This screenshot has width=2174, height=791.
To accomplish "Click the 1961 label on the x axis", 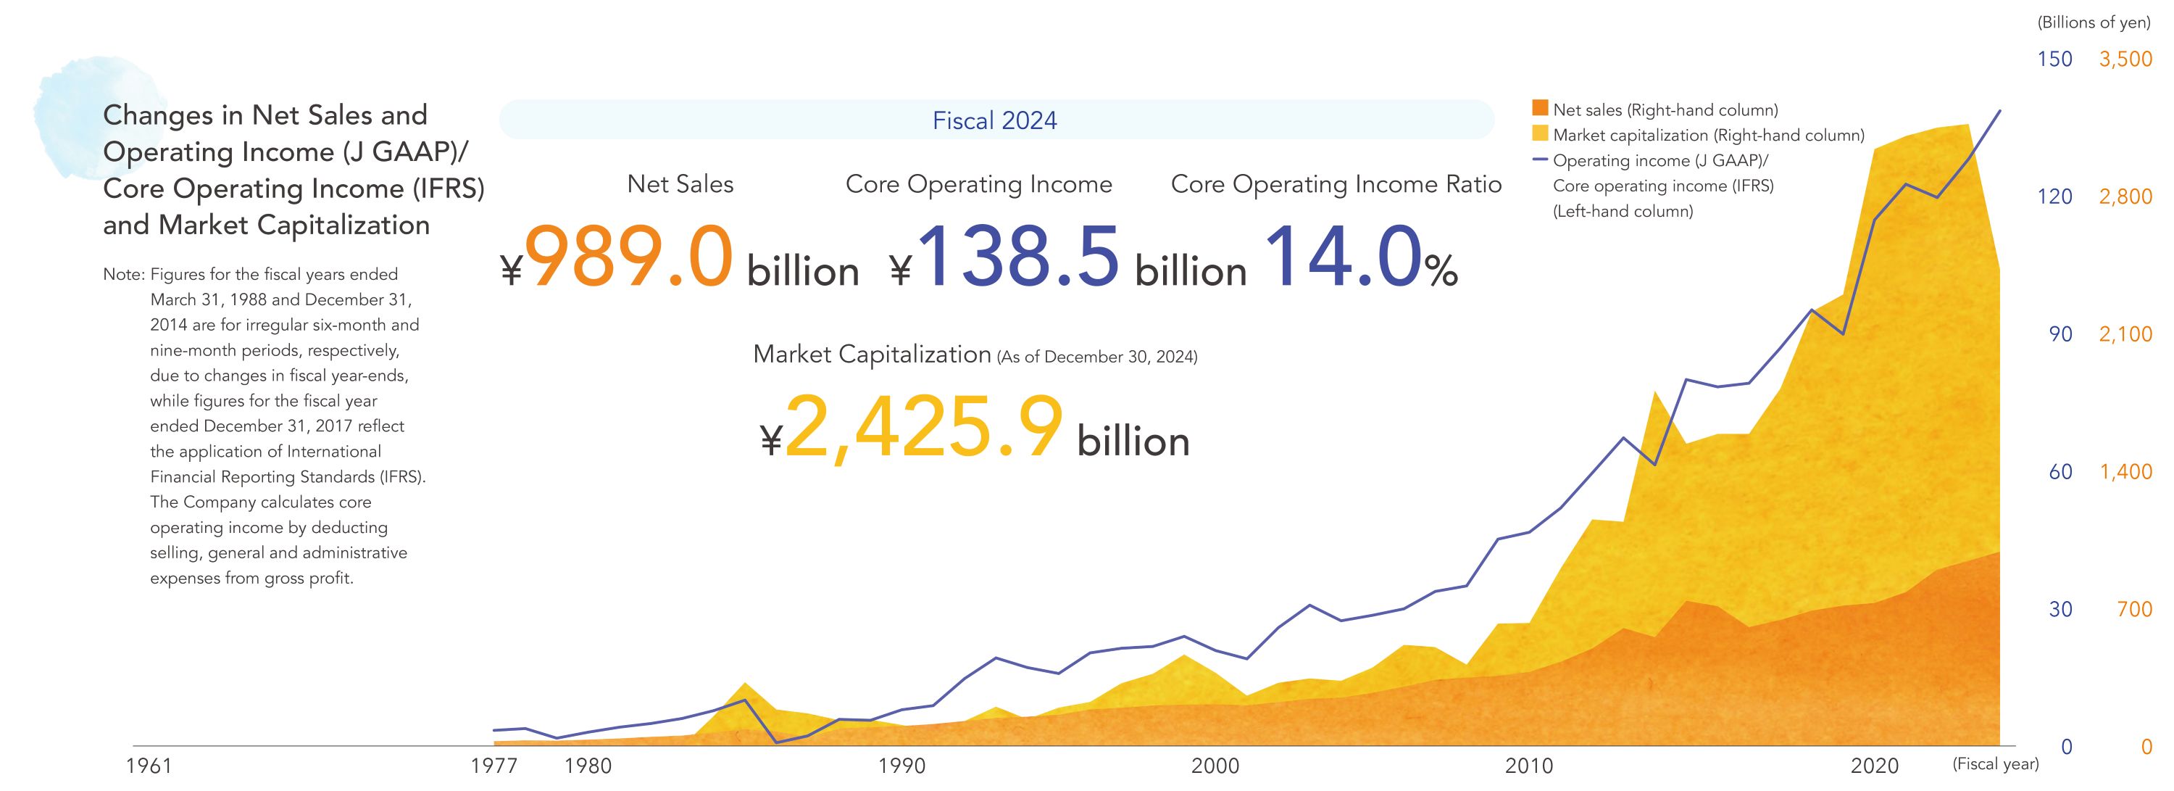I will (149, 766).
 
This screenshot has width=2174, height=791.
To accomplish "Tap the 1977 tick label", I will (493, 766).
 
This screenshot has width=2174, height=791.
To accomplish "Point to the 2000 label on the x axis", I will (1215, 766).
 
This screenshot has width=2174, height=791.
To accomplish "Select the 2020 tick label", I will (1875, 766).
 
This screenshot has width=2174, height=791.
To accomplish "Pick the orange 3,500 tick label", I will (2125, 59).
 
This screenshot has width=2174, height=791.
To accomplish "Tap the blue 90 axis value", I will (2060, 334).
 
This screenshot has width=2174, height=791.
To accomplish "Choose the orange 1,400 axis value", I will (2125, 472).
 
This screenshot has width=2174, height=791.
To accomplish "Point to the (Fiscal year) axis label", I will (1995, 764).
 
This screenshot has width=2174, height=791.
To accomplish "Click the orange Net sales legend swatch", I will (1539, 109).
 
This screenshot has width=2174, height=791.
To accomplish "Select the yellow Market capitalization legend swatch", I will (1539, 134).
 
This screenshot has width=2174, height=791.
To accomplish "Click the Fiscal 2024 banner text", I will (994, 121).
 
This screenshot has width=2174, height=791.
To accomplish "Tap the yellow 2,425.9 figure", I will (923, 428).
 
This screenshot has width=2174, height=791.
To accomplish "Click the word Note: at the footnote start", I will (124, 274).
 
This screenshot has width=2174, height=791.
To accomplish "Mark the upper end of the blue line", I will (2000, 111).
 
